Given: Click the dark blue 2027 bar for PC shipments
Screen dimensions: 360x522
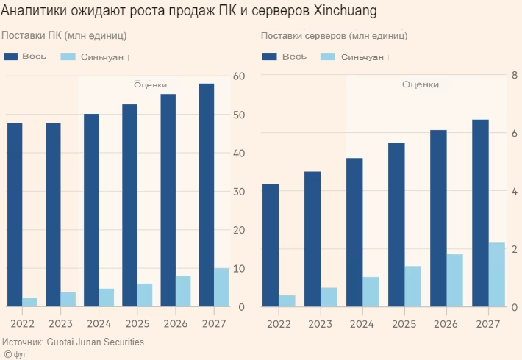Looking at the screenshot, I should tap(207, 195).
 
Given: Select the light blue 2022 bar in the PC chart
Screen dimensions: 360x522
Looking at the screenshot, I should tap(30, 302).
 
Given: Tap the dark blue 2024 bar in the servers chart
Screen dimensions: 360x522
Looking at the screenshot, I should tap(354, 232).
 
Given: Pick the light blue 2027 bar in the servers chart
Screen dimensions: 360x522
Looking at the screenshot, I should tap(497, 274).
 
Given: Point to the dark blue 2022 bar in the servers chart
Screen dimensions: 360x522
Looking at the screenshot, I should tap(271, 245).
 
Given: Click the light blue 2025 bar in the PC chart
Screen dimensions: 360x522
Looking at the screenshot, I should tap(145, 295).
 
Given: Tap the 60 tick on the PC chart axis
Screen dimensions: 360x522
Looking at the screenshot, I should tap(237, 76).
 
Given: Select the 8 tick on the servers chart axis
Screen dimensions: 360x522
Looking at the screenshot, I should tap(513, 76).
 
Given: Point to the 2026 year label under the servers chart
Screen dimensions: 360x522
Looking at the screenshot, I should tap(446, 324).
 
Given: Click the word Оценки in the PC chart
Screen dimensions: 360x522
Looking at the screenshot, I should tap(150, 84).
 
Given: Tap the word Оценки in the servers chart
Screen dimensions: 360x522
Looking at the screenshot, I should tap(420, 84).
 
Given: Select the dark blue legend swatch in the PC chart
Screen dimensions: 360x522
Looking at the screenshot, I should tap(10, 57).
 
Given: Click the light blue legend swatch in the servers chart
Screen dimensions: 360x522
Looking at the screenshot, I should tap(326, 57).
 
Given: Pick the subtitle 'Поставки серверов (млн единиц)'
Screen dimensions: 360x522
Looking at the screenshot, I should tap(335, 35).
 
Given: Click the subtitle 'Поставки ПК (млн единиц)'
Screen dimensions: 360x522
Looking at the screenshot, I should tap(64, 35).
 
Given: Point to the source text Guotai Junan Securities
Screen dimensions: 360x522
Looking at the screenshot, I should tap(96, 342).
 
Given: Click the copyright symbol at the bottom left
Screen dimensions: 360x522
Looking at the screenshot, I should tap(7, 353).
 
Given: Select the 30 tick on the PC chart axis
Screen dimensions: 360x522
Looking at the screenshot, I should tap(237, 192).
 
